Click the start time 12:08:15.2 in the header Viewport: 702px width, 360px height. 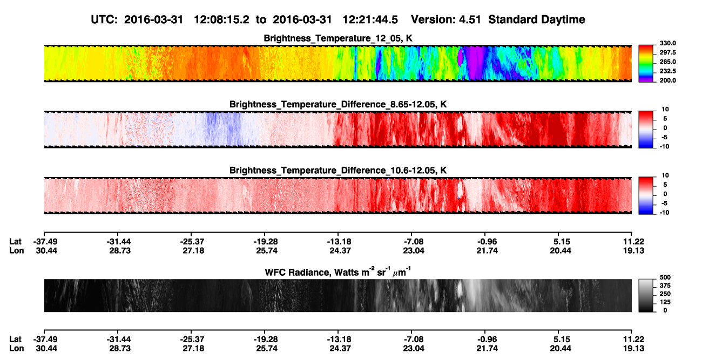pos(221,20)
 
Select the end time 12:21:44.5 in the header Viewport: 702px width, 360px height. pos(370,20)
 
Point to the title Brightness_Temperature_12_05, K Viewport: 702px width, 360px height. pos(338,38)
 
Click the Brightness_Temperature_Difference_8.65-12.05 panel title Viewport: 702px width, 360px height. pos(338,104)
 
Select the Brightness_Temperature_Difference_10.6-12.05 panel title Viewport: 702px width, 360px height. pos(338,171)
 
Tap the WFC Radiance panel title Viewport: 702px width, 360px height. pos(338,272)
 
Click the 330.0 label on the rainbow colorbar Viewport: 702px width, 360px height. pos(667,43)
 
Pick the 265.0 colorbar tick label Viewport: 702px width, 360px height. pos(667,62)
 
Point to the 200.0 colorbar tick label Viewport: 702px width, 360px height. pos(667,80)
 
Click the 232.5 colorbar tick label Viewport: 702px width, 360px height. pos(667,71)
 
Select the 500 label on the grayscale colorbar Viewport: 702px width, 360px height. pos(665,277)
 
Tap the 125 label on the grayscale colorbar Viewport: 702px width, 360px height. pos(665,302)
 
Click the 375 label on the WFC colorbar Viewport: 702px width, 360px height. pos(665,286)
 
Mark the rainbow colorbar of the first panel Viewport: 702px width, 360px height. pos(646,64)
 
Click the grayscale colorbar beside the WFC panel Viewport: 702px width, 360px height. pos(646,295)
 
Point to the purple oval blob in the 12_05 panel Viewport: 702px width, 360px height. pos(461,57)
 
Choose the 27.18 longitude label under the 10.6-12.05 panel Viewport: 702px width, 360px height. pos(193,250)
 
